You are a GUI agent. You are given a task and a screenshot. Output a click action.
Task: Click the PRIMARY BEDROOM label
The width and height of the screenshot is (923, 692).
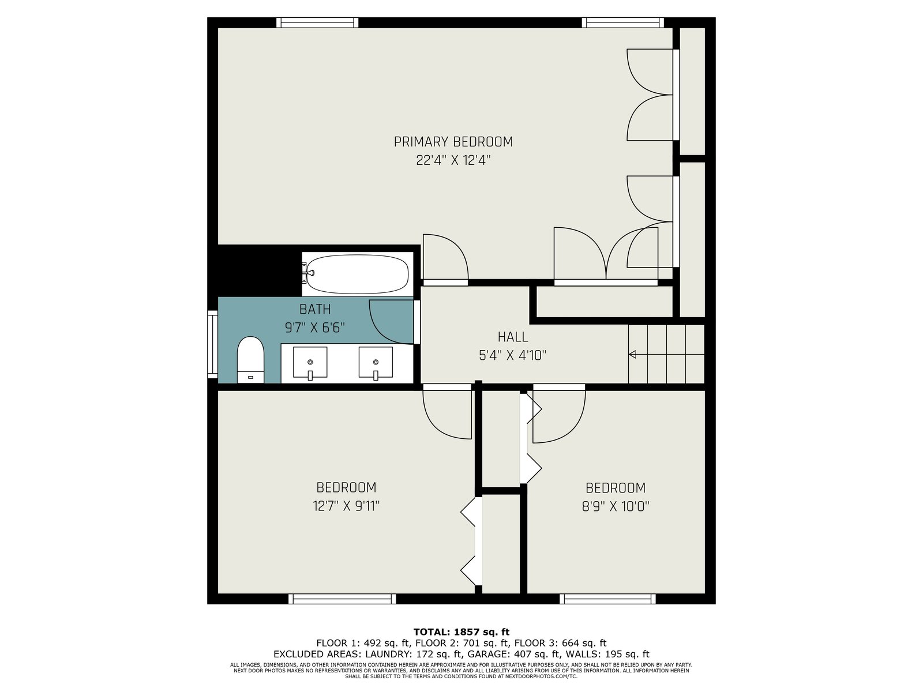(453, 142)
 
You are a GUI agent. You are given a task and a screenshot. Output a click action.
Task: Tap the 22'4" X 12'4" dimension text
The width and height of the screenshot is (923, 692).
(453, 160)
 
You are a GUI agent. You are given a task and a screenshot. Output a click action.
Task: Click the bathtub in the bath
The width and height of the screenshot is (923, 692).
(357, 274)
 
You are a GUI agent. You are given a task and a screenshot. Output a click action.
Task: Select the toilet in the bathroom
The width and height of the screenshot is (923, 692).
(250, 360)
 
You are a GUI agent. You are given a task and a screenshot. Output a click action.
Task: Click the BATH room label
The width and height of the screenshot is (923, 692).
(315, 309)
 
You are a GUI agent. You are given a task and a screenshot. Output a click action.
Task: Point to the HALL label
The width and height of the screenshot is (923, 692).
(513, 337)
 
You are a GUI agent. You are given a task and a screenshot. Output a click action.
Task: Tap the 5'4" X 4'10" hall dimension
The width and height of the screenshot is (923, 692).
(513, 355)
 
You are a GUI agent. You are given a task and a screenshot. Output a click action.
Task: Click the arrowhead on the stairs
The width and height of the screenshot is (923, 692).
(632, 354)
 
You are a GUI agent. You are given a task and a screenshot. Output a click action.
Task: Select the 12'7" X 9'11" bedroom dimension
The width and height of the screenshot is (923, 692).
(346, 506)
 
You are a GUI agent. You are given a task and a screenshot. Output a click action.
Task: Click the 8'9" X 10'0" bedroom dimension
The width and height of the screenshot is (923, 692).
(616, 506)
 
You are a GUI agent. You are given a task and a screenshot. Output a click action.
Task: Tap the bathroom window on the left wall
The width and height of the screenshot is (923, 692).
(212, 344)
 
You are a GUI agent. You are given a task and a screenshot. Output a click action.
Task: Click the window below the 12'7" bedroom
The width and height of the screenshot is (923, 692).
(342, 599)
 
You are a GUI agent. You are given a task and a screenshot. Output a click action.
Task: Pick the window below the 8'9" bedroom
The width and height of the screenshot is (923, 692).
(607, 599)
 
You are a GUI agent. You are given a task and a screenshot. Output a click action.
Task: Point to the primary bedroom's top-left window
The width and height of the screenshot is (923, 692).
(317, 22)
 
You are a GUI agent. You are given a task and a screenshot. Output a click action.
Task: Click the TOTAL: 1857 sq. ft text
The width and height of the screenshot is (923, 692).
(461, 632)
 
